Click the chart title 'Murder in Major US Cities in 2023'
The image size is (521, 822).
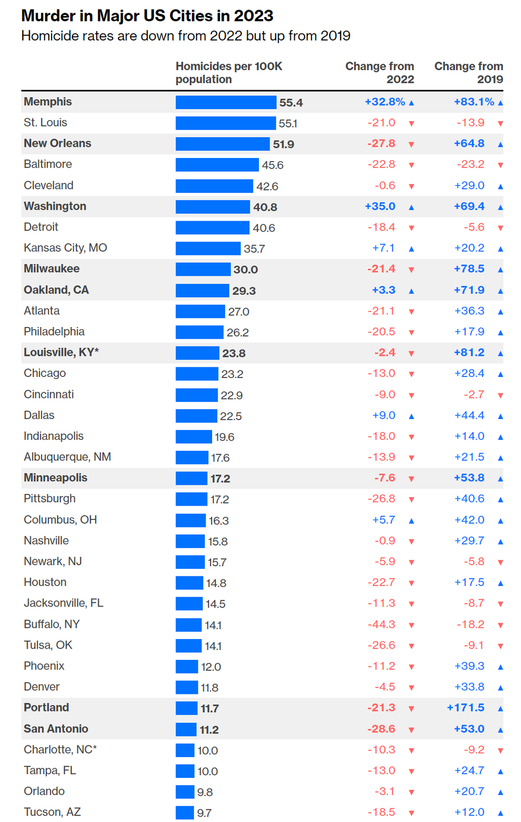pos(147,16)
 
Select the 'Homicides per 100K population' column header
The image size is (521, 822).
pos(229,73)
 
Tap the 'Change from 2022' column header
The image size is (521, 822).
pos(380,73)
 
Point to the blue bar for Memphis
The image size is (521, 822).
pos(226,102)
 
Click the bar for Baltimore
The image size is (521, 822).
pos(217,165)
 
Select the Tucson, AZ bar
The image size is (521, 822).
pos(184,812)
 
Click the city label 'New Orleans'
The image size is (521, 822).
pos(57,144)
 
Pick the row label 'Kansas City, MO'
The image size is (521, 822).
pos(65,248)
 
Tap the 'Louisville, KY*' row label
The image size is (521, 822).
pos(61,353)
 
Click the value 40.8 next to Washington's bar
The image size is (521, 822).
pos(265,207)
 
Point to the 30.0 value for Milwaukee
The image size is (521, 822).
pos(246,270)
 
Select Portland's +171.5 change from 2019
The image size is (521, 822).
pos(466,708)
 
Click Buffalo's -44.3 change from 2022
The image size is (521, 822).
pos(381,624)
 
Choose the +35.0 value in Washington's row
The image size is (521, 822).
pos(380,206)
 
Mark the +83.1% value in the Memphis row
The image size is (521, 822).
pos(474,102)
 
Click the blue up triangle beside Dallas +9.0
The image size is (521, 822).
pos(411,416)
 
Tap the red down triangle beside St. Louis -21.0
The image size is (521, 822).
pos(411,124)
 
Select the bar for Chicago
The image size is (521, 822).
pos(197,374)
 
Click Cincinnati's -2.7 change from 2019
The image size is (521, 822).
pos(473,395)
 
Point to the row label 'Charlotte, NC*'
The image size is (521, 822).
pos(60,750)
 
